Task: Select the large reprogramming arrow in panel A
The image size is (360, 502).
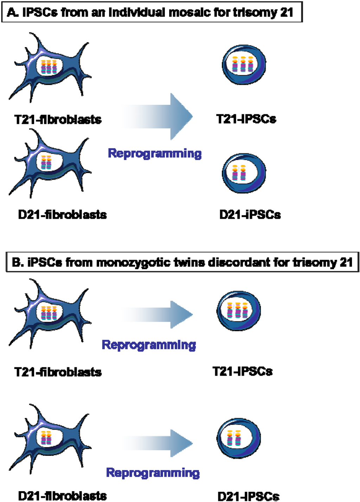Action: pyautogui.click(x=158, y=116)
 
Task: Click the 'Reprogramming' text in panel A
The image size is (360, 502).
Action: pyautogui.click(x=155, y=153)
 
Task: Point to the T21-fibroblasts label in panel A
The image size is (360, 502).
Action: pyautogui.click(x=58, y=120)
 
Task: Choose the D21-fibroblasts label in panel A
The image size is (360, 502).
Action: pyautogui.click(x=62, y=214)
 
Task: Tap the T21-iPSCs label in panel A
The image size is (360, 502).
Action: pyautogui.click(x=246, y=119)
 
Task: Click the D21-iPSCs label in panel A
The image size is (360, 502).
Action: pyautogui.click(x=250, y=214)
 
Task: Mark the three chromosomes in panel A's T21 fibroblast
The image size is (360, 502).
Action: pyautogui.click(x=49, y=66)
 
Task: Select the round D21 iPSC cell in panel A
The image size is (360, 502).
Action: pyautogui.click(x=244, y=173)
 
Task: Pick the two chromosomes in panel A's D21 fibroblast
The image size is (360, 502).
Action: pyautogui.click(x=46, y=163)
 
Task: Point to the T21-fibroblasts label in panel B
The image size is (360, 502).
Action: pyautogui.click(x=58, y=372)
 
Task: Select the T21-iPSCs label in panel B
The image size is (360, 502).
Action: pyautogui.click(x=243, y=371)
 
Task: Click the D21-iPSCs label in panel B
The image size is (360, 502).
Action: pyautogui.click(x=249, y=496)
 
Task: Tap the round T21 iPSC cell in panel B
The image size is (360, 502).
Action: pyautogui.click(x=238, y=311)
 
